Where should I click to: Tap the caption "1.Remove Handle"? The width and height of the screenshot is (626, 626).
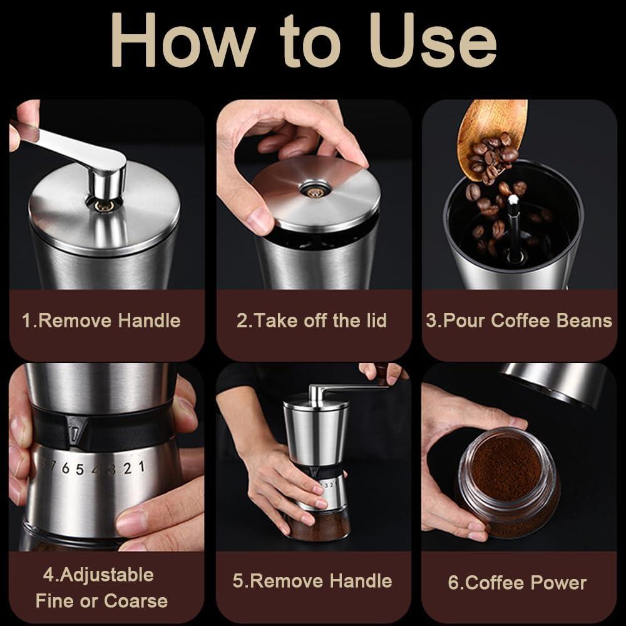(101, 321)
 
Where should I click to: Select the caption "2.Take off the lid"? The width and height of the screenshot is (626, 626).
(312, 321)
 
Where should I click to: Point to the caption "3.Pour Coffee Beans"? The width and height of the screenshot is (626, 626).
(519, 321)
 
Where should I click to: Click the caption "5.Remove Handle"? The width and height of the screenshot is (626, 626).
(312, 580)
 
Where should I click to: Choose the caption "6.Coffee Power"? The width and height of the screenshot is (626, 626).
(517, 583)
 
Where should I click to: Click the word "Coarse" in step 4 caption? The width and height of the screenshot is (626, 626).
(136, 601)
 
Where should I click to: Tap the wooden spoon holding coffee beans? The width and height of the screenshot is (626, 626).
(492, 135)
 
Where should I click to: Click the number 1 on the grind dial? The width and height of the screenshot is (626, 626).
(141, 466)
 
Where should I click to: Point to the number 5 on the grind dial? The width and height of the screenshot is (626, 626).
(80, 469)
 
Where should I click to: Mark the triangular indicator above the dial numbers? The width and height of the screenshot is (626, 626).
(76, 433)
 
